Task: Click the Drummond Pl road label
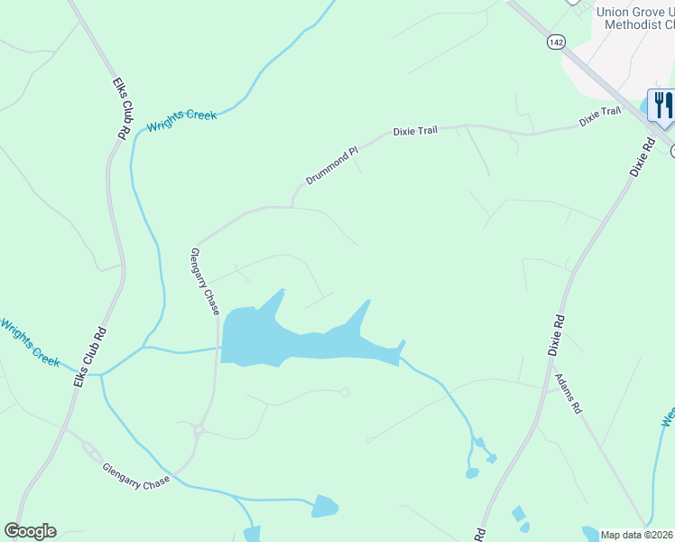[x=331, y=165]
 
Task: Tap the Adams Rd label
[x=569, y=394]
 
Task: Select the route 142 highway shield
[x=556, y=42]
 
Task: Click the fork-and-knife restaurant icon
[x=661, y=105]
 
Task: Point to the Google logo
[x=30, y=531]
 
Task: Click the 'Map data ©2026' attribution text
[x=636, y=535]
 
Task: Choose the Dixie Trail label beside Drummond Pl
[x=415, y=131]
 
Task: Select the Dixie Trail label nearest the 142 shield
[x=600, y=113]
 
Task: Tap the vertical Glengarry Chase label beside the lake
[x=206, y=282]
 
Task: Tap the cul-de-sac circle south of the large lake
[x=345, y=392]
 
